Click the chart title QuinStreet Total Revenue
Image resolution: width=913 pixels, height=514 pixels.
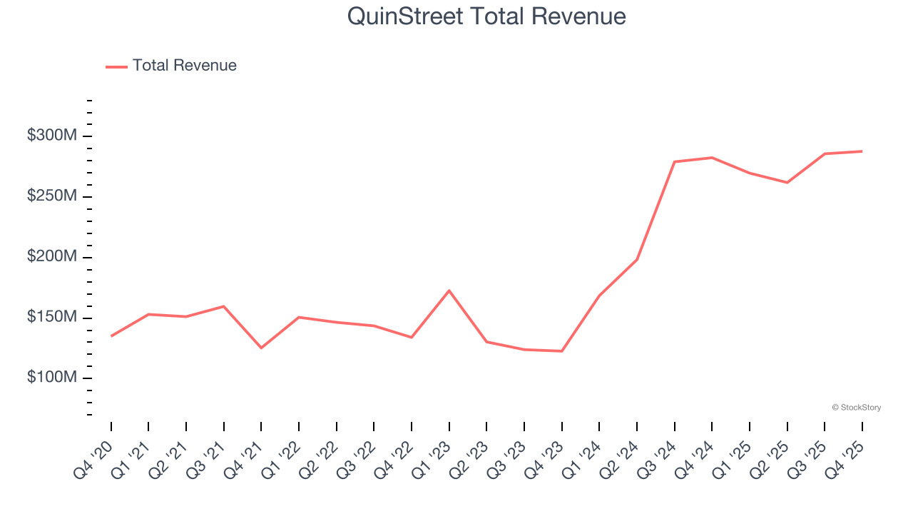[486, 16]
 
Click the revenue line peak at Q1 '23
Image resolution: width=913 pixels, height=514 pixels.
[449, 291]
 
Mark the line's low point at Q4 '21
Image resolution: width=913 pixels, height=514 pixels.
[261, 348]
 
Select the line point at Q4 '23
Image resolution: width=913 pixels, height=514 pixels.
[562, 351]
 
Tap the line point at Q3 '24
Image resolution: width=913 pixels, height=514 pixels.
[675, 162]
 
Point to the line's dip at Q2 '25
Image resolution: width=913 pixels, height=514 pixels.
[787, 183]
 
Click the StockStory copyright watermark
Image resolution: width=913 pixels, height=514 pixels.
[856, 408]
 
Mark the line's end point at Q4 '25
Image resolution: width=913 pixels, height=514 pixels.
[862, 151]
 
